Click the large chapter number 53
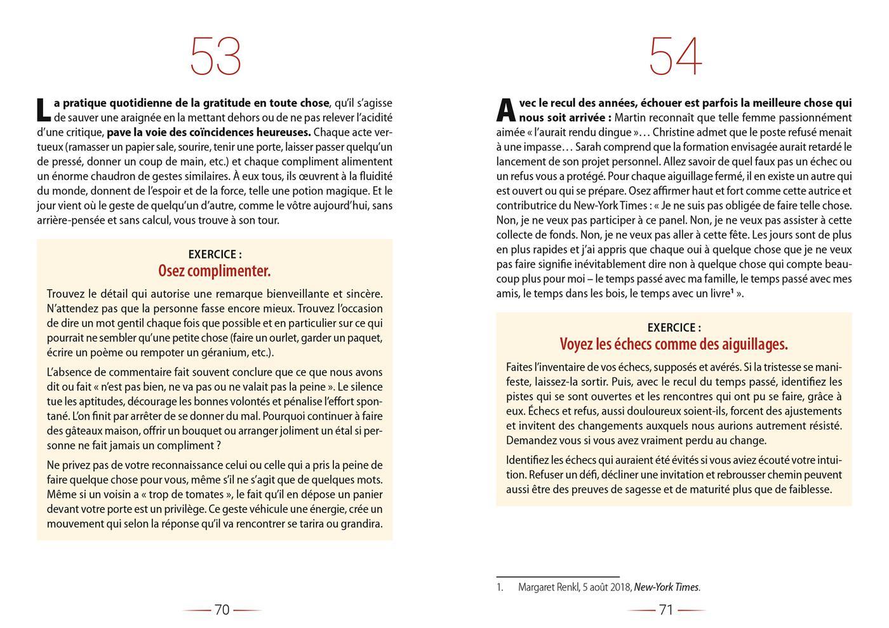(215, 57)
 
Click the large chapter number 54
(675, 57)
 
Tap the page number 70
(222, 610)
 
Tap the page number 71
(666, 610)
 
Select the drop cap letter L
(43, 110)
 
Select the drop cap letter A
(505, 110)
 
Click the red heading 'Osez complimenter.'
(215, 271)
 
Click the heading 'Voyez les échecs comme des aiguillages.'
(674, 344)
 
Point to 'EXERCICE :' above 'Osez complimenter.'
(215, 254)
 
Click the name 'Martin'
(631, 118)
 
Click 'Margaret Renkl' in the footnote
(548, 587)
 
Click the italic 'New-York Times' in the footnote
(667, 587)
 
